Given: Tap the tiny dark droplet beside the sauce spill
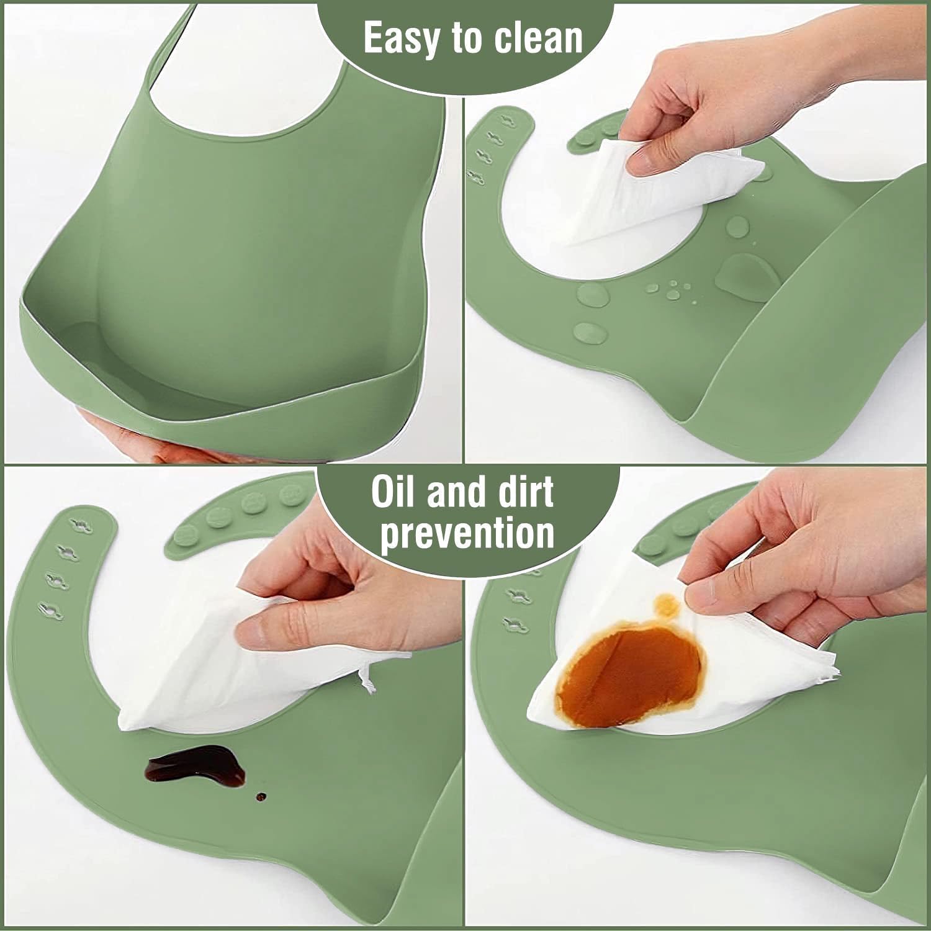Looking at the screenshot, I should click(x=261, y=796).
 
